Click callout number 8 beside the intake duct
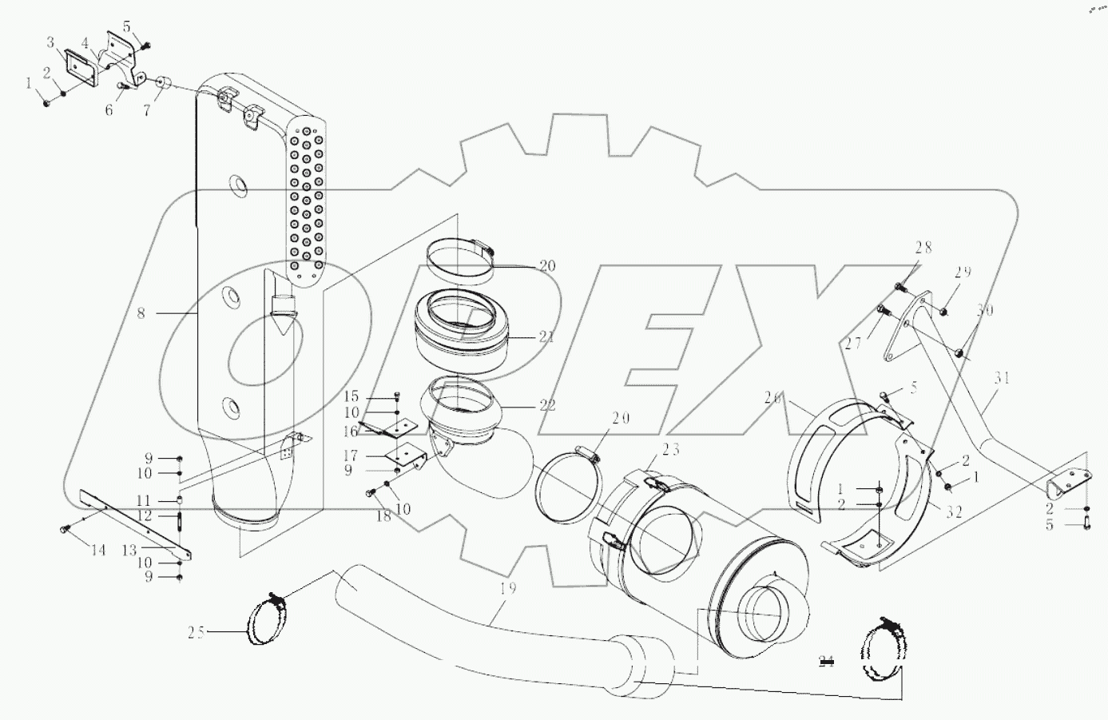pyautogui.click(x=141, y=313)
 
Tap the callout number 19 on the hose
pyautogui.click(x=507, y=589)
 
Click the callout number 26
pyautogui.click(x=772, y=397)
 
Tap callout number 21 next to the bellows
pyautogui.click(x=546, y=337)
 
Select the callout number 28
pyautogui.click(x=923, y=249)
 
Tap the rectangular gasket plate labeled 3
pyautogui.click(x=81, y=63)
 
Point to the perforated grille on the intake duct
pyautogui.click(x=306, y=200)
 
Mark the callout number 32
pyautogui.click(x=954, y=513)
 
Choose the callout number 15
pyautogui.click(x=351, y=397)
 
